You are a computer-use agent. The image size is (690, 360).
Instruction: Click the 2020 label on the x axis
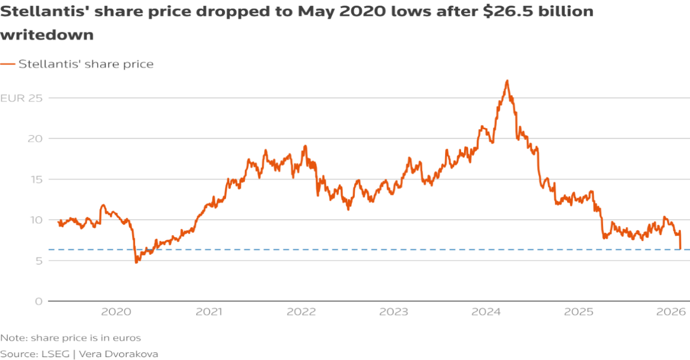click(x=117, y=312)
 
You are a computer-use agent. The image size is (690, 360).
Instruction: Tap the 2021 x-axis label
click(x=209, y=312)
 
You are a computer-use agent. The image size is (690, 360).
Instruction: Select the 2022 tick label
click(x=301, y=312)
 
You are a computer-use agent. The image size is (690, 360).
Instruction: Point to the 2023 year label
click(x=394, y=312)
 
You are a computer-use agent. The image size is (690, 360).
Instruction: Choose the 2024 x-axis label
click(x=486, y=312)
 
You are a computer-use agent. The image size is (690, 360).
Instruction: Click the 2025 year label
click(x=578, y=312)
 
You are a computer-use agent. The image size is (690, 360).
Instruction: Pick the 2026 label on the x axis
click(x=670, y=312)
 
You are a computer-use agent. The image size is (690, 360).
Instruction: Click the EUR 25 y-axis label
click(x=22, y=98)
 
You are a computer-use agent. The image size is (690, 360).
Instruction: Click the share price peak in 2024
click(x=507, y=81)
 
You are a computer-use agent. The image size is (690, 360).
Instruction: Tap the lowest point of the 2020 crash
click(x=136, y=262)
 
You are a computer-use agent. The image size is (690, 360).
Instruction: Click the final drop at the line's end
click(x=680, y=247)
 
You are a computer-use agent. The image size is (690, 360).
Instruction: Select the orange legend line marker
click(x=7, y=64)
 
